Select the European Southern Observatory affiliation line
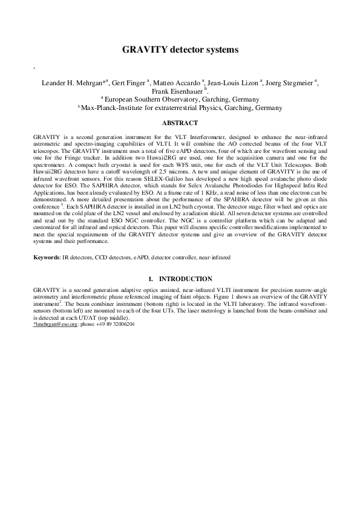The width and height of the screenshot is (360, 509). pos(180,99)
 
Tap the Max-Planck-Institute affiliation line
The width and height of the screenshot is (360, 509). pos(180,108)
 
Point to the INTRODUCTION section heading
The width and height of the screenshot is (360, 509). pos(185,279)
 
